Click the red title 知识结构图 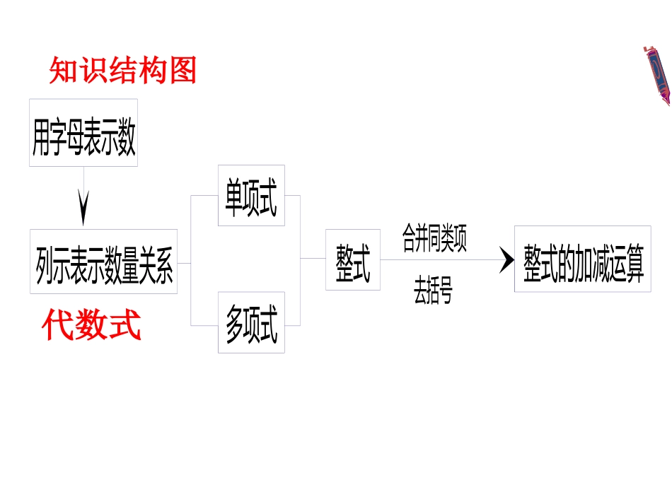tap(122, 71)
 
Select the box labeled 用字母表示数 tap(83, 133)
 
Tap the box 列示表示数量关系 tap(103, 262)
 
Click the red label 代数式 tap(91, 327)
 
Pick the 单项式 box tap(251, 196)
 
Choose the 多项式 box tap(251, 322)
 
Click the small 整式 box tap(352, 259)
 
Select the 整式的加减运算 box tap(582, 259)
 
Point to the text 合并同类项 tap(434, 238)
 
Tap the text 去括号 tap(433, 289)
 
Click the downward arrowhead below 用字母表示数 tap(83, 209)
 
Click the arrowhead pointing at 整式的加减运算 tap(506, 259)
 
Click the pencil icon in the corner tap(657, 74)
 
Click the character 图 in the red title tap(183, 71)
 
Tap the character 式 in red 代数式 tap(127, 327)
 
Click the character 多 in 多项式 tap(234, 323)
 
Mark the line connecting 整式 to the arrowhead tap(439, 259)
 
